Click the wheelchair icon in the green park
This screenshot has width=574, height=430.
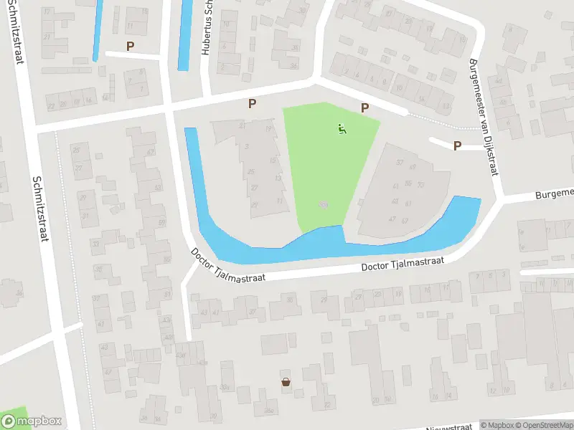point(342,130)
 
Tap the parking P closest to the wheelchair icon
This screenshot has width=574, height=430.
point(364,108)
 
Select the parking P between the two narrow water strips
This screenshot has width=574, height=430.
point(130,46)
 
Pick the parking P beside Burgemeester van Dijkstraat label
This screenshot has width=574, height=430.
point(457,145)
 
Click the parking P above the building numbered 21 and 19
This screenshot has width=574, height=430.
point(252,103)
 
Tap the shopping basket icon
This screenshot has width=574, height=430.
point(286,382)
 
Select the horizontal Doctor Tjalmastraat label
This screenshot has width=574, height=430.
point(402,264)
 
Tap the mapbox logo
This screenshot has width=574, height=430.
point(31,421)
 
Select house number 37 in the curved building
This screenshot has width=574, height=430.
point(400,162)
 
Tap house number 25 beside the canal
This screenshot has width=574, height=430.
point(250,172)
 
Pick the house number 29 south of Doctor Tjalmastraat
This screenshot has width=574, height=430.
point(324,300)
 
